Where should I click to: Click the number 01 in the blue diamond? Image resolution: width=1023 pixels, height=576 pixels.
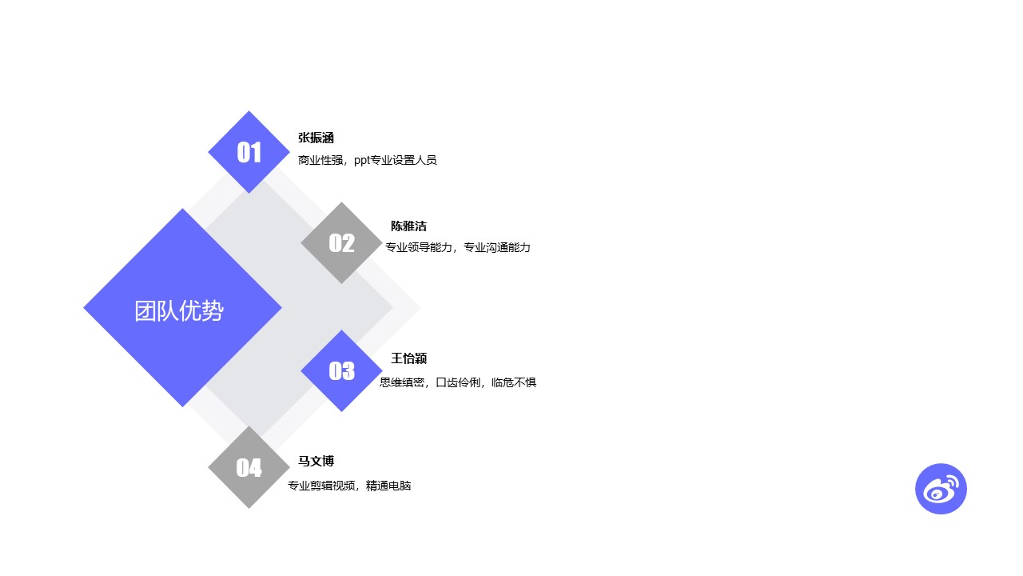point(249,152)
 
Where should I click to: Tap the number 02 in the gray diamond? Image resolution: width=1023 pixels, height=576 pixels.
point(341,243)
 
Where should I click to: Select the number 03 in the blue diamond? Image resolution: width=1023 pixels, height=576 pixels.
point(341,370)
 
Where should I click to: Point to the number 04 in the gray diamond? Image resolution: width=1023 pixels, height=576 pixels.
point(249,468)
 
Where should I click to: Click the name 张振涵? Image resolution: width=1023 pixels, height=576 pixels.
point(316,138)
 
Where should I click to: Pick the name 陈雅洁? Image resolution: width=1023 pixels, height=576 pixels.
point(408,226)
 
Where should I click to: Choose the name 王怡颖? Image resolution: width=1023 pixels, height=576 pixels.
point(408,358)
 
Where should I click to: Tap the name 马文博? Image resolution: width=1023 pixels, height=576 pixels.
point(316,462)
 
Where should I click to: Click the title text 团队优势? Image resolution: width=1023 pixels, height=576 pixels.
point(179,311)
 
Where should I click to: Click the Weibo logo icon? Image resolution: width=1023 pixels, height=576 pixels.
point(941,489)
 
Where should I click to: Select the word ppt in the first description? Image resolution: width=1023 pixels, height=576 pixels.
point(362,161)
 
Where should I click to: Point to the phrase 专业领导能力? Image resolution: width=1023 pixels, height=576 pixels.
point(419,247)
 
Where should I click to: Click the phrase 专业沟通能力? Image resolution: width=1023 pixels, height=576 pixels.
point(497,247)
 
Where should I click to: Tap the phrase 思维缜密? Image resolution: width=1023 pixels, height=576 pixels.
point(402,382)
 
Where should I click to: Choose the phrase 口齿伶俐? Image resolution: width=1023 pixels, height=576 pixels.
point(458,382)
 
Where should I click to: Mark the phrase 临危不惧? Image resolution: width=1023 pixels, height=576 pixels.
point(514,382)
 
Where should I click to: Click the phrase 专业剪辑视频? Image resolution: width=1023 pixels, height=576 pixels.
point(321,486)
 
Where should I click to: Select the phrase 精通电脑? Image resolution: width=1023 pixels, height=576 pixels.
point(388,486)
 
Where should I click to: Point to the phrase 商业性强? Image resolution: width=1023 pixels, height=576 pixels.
point(320,160)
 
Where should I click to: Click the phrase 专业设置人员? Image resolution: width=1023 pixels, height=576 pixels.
point(404,160)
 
